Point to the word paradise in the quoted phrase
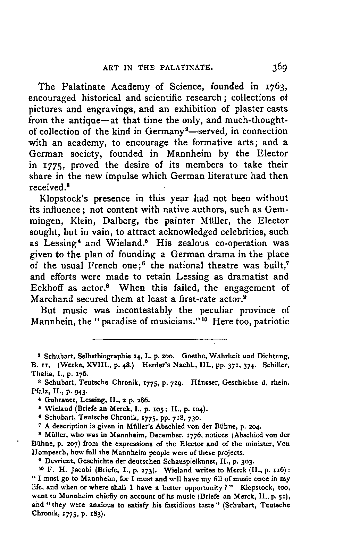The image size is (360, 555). (x=119, y=322)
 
